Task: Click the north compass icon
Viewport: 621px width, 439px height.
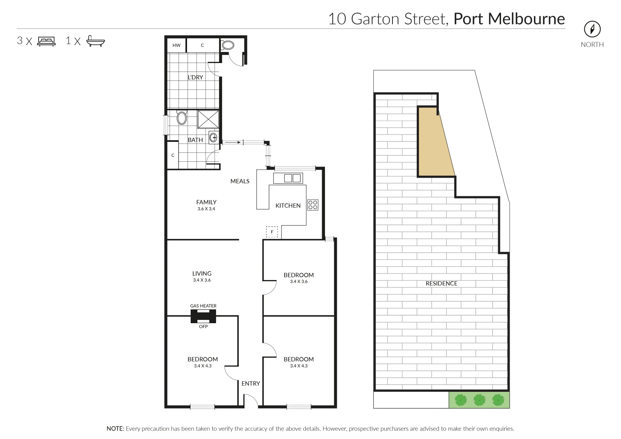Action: click(x=592, y=29)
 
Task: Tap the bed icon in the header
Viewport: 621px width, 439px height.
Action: click(x=46, y=41)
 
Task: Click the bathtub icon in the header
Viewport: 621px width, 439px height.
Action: click(x=96, y=41)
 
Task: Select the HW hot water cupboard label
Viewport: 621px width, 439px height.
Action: click(x=176, y=45)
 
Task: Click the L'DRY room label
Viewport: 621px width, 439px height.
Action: click(x=195, y=77)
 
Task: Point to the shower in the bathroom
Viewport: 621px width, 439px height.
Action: click(x=208, y=119)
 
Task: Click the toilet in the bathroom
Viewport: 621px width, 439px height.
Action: click(x=182, y=118)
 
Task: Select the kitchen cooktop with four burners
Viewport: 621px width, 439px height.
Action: click(x=313, y=205)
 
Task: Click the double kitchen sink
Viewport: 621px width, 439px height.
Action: click(x=292, y=178)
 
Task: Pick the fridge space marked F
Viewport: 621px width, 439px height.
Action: click(x=272, y=232)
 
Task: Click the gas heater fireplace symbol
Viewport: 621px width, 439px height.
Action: click(x=203, y=316)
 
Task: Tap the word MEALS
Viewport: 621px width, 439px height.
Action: click(x=240, y=181)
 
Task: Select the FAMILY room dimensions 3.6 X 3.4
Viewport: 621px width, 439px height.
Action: click(x=206, y=209)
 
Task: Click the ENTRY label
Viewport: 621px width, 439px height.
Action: click(x=251, y=383)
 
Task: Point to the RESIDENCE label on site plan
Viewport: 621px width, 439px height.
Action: click(x=441, y=283)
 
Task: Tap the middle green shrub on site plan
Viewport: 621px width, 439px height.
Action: click(x=479, y=400)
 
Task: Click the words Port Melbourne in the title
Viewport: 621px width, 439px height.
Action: click(x=509, y=19)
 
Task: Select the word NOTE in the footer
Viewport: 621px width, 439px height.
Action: click(x=115, y=428)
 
